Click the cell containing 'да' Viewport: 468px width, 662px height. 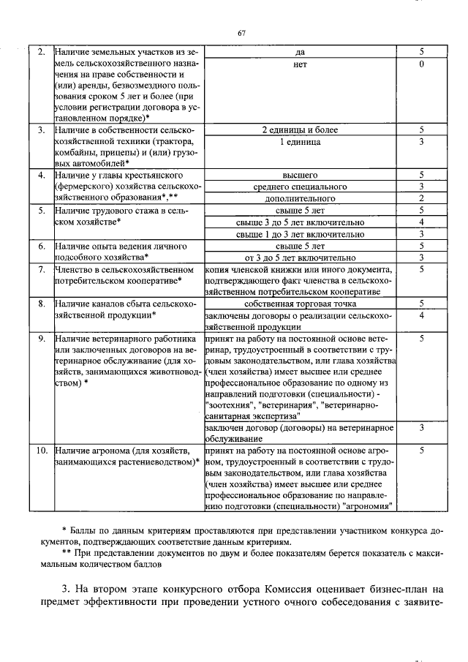click(x=300, y=53)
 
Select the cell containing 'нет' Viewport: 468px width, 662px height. click(x=300, y=64)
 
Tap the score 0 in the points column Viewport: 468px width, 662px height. click(x=422, y=64)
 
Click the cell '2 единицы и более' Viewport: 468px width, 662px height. click(x=300, y=129)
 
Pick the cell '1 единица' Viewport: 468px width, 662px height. click(x=300, y=141)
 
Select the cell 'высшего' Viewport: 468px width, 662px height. click(x=300, y=176)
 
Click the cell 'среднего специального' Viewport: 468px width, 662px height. click(x=300, y=187)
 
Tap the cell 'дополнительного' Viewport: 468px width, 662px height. click(x=300, y=198)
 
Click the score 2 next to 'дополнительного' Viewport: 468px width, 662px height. click(x=422, y=198)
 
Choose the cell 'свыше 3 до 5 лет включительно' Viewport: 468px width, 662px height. click(x=300, y=222)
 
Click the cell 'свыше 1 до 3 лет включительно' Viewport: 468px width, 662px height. click(x=300, y=233)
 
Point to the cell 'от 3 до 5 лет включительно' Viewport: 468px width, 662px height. click(x=300, y=257)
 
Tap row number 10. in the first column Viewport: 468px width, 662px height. click(x=42, y=451)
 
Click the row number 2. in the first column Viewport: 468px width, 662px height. click(x=42, y=53)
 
